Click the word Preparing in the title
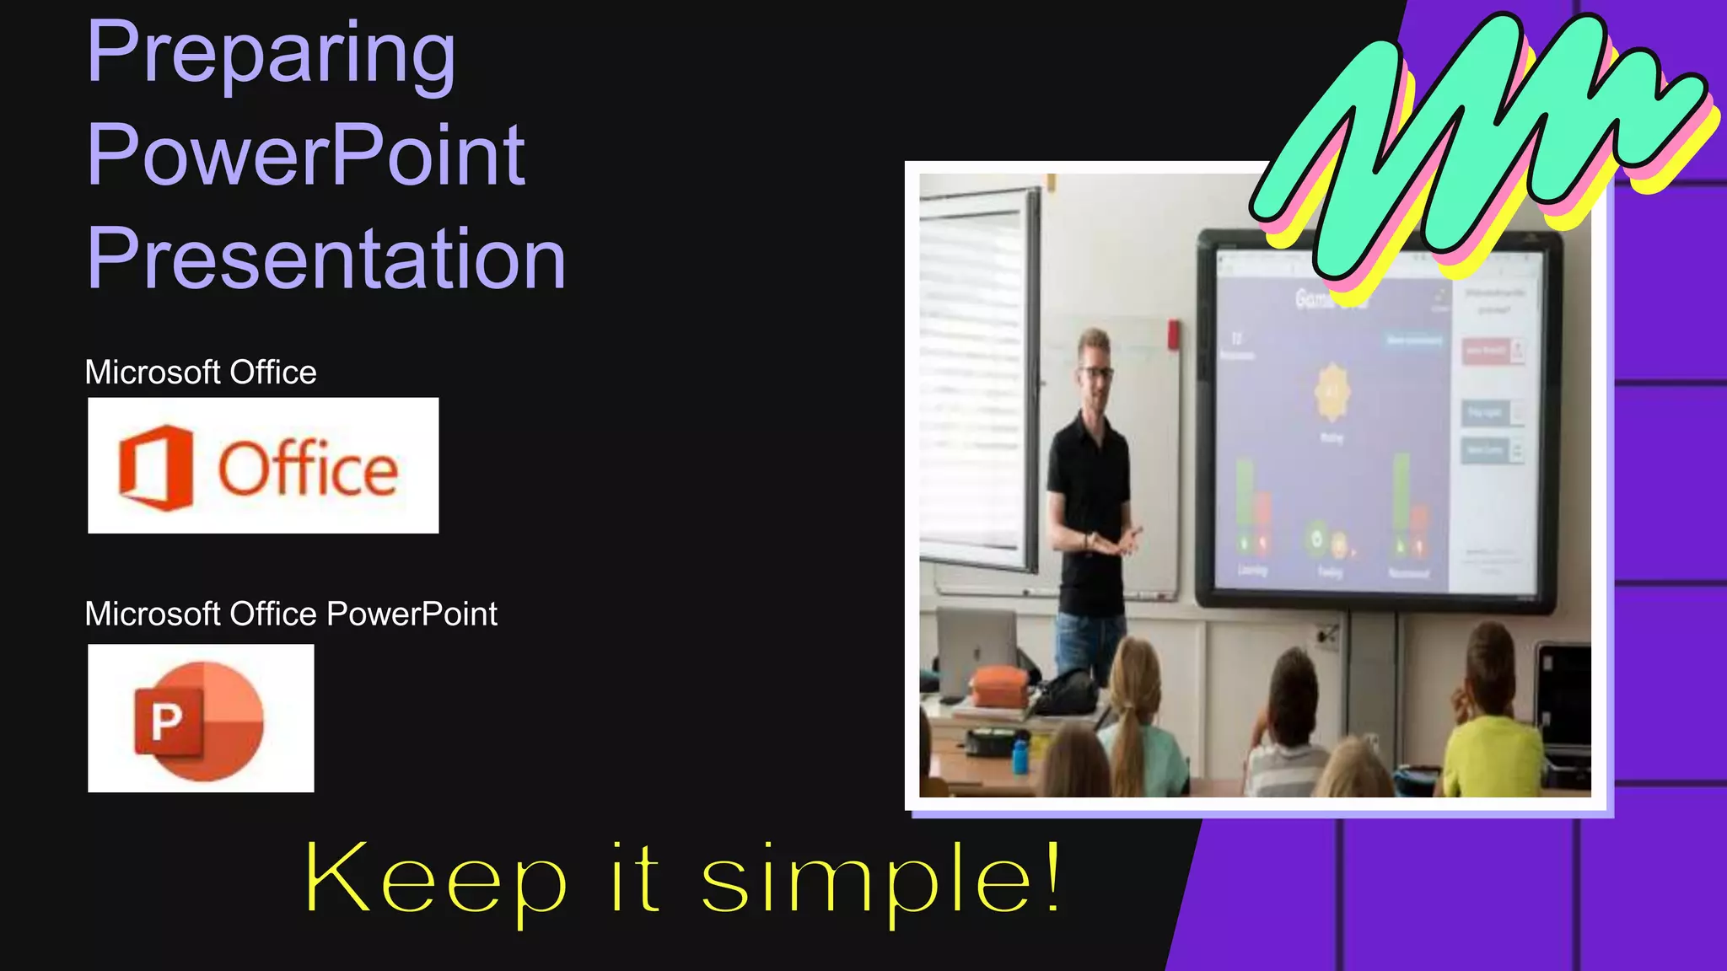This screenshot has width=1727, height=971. (271, 54)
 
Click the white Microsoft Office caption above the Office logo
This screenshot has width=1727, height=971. (201, 373)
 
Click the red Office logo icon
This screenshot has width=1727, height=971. (156, 468)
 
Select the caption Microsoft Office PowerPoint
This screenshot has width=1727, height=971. (291, 614)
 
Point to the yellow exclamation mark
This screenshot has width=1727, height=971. (1052, 877)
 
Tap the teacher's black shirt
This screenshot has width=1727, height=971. (1089, 506)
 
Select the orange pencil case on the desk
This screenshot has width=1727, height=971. (1000, 686)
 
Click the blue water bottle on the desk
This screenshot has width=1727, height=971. (1020, 755)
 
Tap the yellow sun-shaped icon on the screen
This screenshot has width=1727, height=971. (1332, 392)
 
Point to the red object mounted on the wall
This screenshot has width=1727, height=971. (1173, 334)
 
